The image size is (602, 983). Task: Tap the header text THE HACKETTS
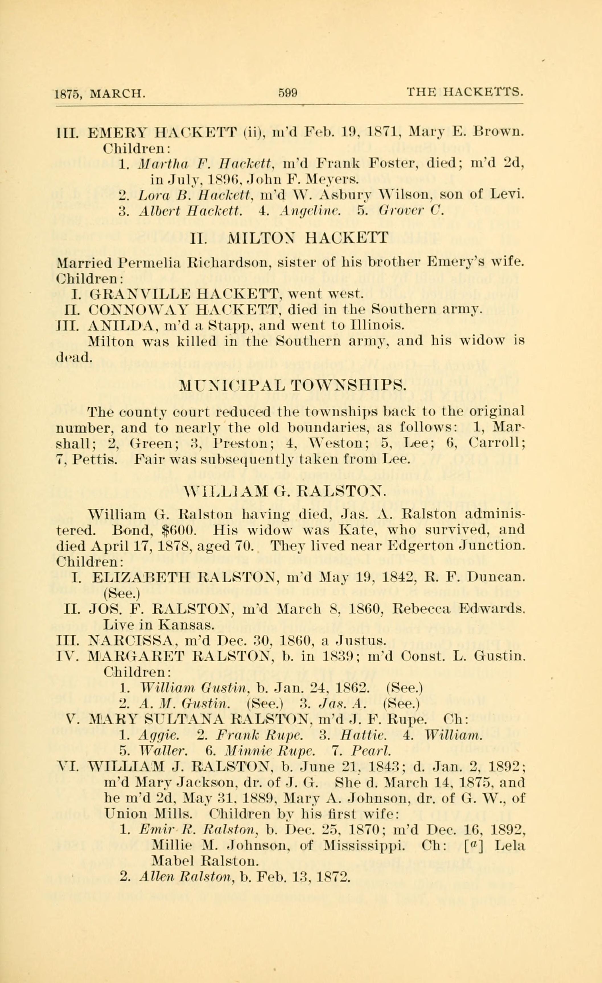click(464, 93)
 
